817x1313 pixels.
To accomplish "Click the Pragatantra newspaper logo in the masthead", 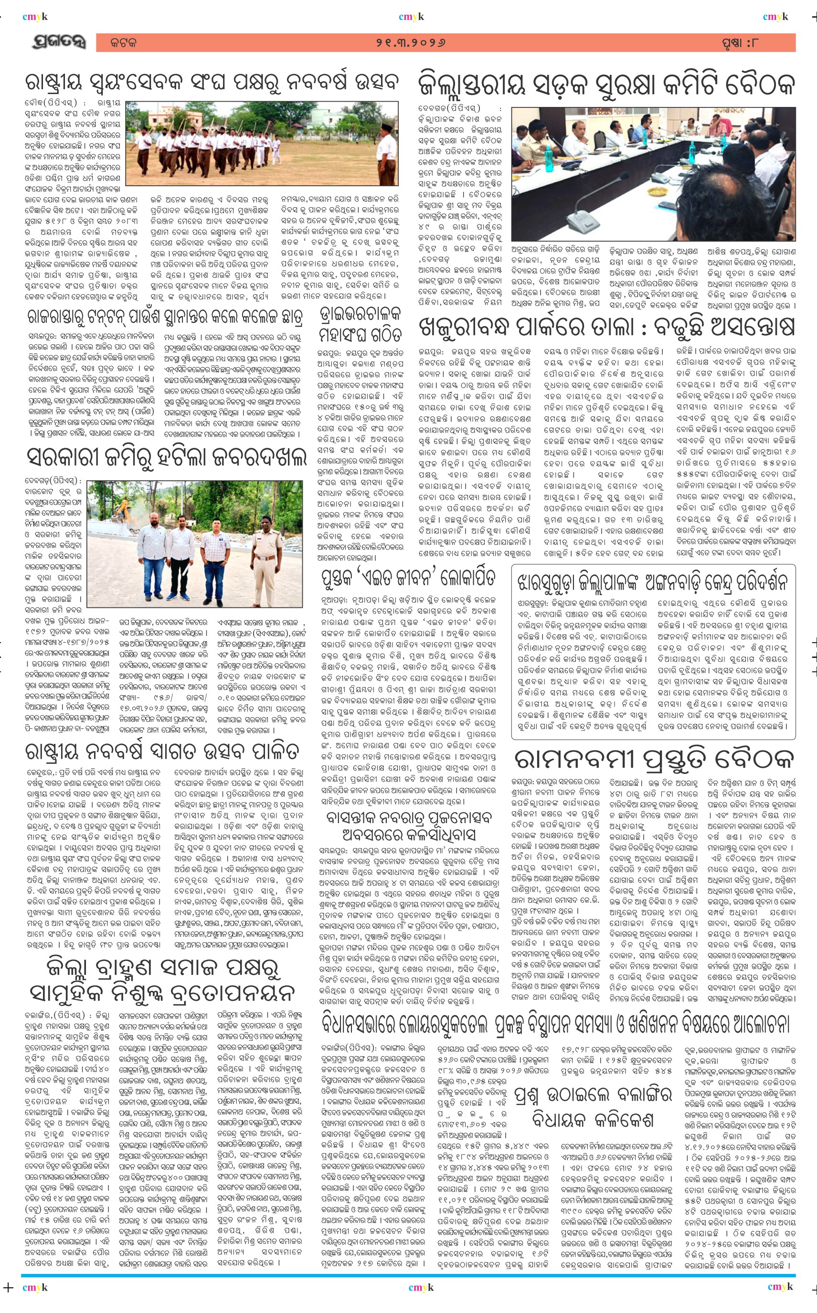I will click(x=58, y=42).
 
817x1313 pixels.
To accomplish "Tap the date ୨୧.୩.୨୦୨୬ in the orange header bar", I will click(x=411, y=42).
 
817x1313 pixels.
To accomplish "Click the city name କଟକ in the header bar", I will click(x=123, y=42).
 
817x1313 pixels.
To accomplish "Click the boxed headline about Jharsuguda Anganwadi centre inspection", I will click(x=652, y=582).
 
